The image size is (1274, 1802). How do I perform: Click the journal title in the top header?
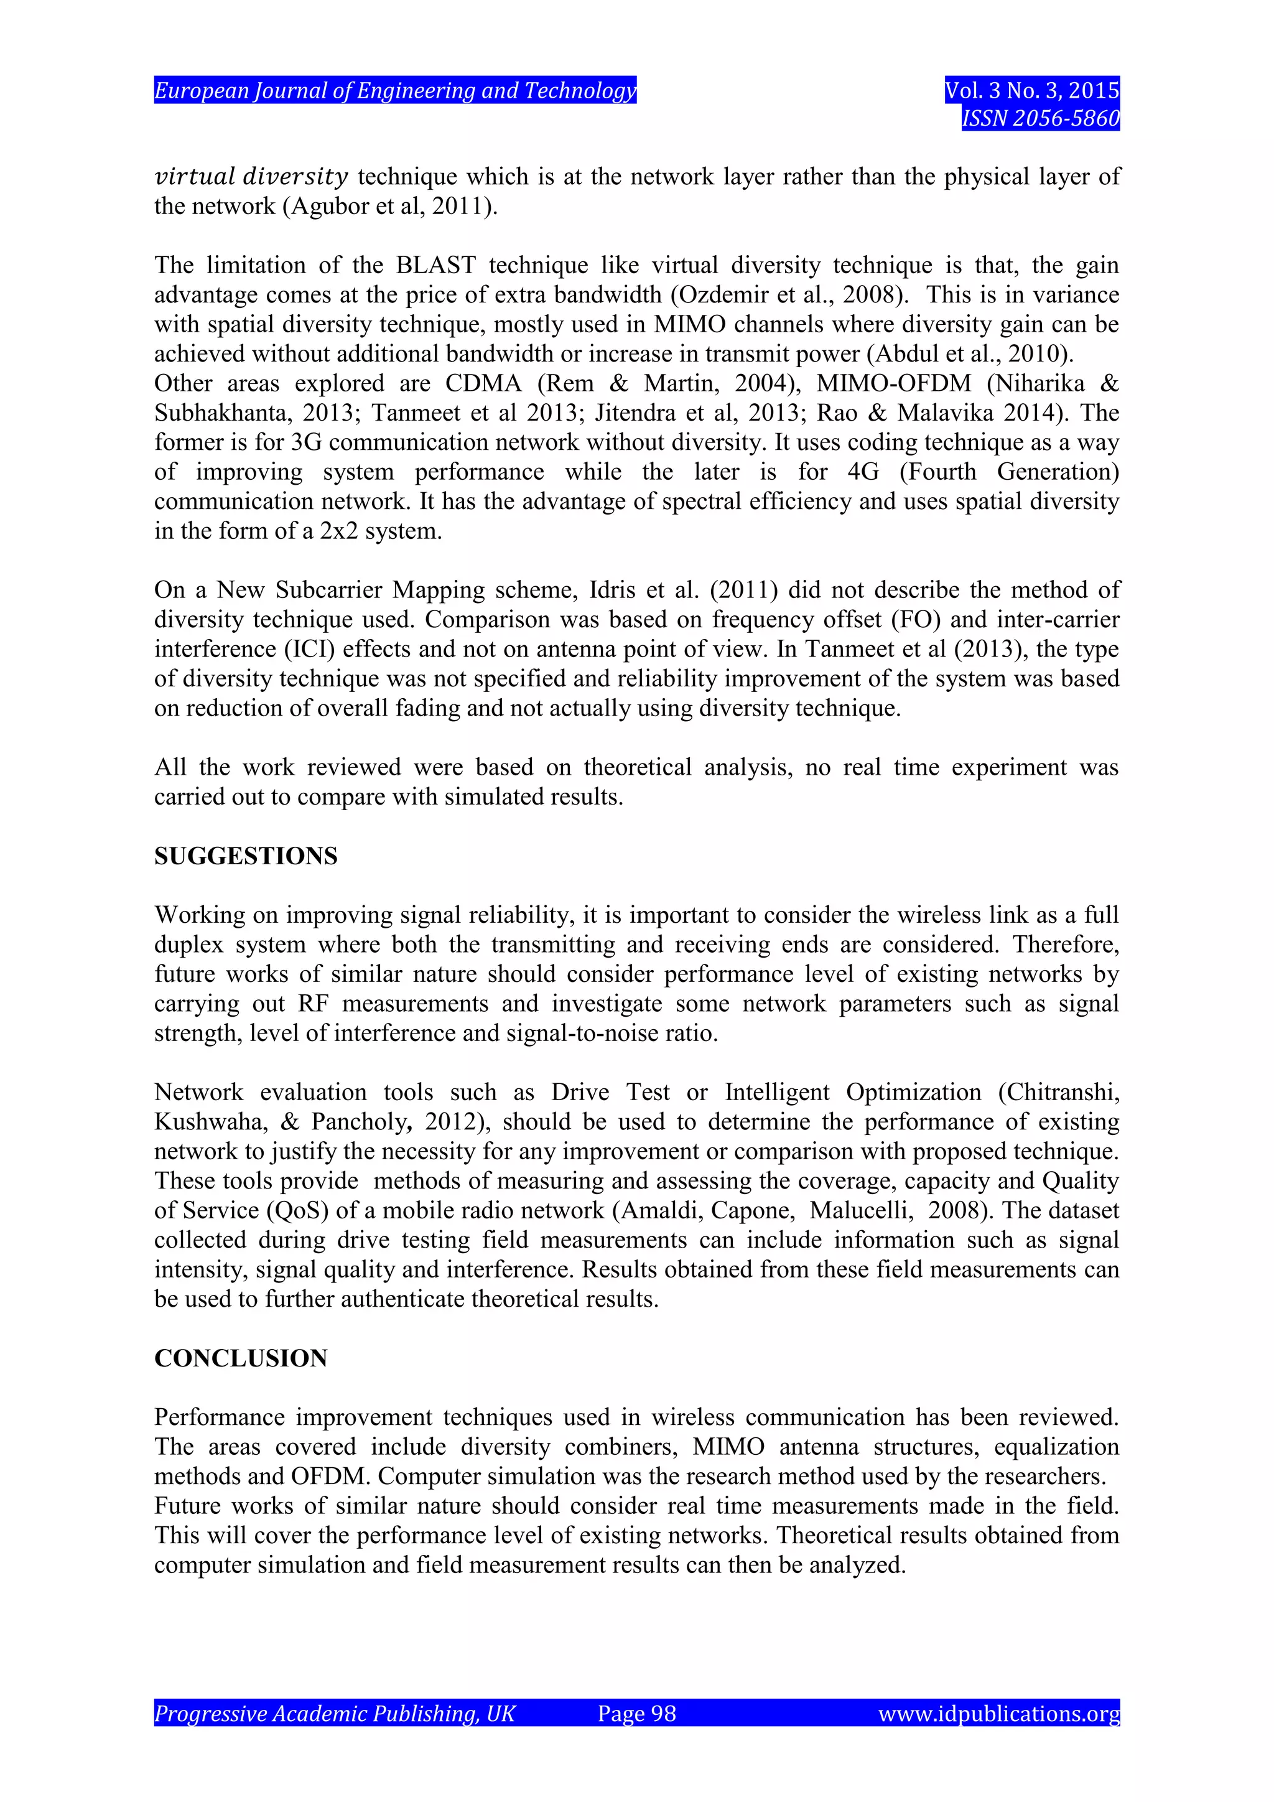click(394, 91)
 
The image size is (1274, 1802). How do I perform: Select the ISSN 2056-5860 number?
click(1040, 118)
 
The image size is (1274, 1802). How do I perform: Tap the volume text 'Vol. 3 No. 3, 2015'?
click(1031, 91)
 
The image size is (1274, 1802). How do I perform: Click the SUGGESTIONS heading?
click(246, 856)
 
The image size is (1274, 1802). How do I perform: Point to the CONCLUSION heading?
click(240, 1358)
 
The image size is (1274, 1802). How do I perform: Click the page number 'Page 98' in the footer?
click(636, 1713)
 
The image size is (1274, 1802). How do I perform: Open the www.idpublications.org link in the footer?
click(998, 1713)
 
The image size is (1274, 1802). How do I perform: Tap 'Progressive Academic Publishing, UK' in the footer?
click(334, 1713)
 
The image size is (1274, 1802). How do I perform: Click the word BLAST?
click(435, 265)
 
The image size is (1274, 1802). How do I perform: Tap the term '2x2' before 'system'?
click(338, 531)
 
